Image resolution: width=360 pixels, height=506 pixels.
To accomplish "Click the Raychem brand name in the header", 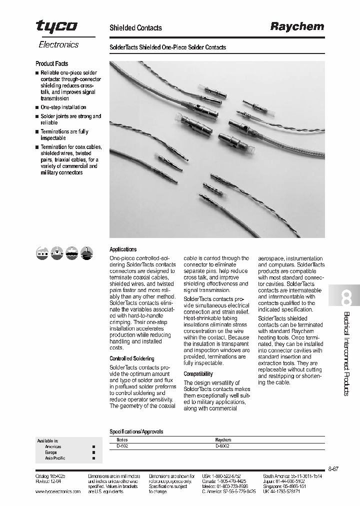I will point(297,27).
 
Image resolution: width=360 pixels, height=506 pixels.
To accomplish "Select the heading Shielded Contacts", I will point(135,28).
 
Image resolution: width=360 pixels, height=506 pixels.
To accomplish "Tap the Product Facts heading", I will point(51,63).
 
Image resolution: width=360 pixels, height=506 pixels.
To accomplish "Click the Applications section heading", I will point(123,249).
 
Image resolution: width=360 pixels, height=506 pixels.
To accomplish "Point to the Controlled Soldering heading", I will point(132,358).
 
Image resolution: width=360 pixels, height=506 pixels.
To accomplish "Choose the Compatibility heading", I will point(198,373).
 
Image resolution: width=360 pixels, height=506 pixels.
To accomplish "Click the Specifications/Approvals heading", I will point(136,431).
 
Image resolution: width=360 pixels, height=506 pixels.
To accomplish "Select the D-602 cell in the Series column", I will point(122,445).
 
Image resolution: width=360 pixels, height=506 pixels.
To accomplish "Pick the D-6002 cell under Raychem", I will point(222,445).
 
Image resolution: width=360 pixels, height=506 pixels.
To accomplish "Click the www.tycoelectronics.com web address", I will point(58,491).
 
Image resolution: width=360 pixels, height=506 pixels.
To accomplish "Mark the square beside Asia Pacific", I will point(93,458).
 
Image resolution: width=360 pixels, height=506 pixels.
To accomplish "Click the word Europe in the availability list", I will point(51,452).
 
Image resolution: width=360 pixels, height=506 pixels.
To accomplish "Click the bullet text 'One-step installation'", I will point(63,107).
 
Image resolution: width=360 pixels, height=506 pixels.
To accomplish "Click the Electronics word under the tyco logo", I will point(58,44).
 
